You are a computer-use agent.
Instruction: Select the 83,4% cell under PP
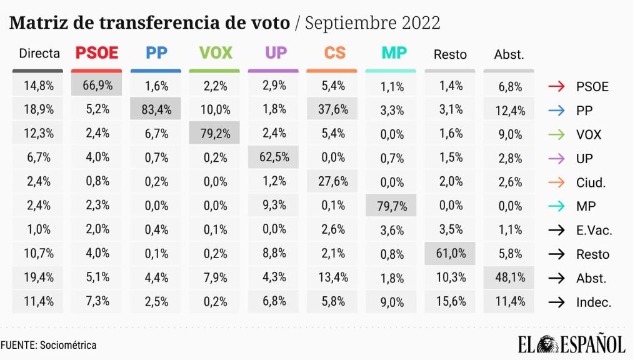coord(156,110)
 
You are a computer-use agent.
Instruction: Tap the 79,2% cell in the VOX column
coord(214,134)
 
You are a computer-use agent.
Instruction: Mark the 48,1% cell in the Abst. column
coord(509,278)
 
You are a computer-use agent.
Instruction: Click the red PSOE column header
coord(97,53)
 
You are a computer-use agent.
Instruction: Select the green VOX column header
coord(214,53)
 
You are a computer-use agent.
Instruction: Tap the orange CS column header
coord(334,53)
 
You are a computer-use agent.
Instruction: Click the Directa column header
coord(40,54)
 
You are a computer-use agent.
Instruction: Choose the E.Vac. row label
coord(594,231)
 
